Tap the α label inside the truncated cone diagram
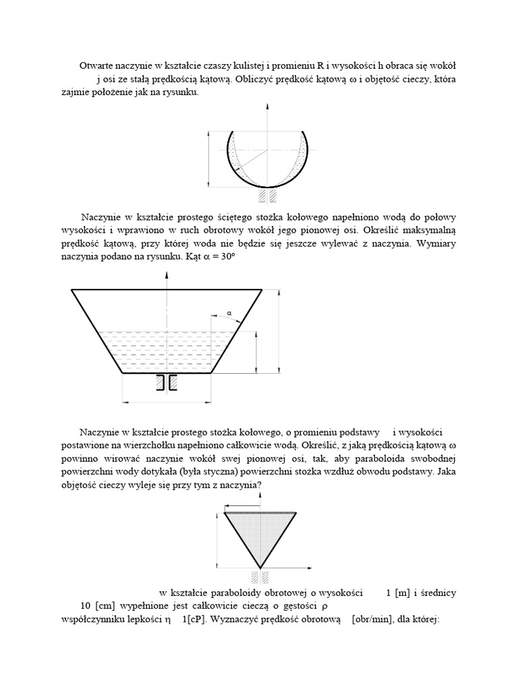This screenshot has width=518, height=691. click(229, 313)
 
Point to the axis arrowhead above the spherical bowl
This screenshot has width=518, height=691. click(268, 107)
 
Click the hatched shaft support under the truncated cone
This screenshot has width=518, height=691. click(167, 383)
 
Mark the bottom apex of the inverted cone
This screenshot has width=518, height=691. click(260, 568)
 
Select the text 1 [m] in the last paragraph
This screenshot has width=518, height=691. click(399, 593)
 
